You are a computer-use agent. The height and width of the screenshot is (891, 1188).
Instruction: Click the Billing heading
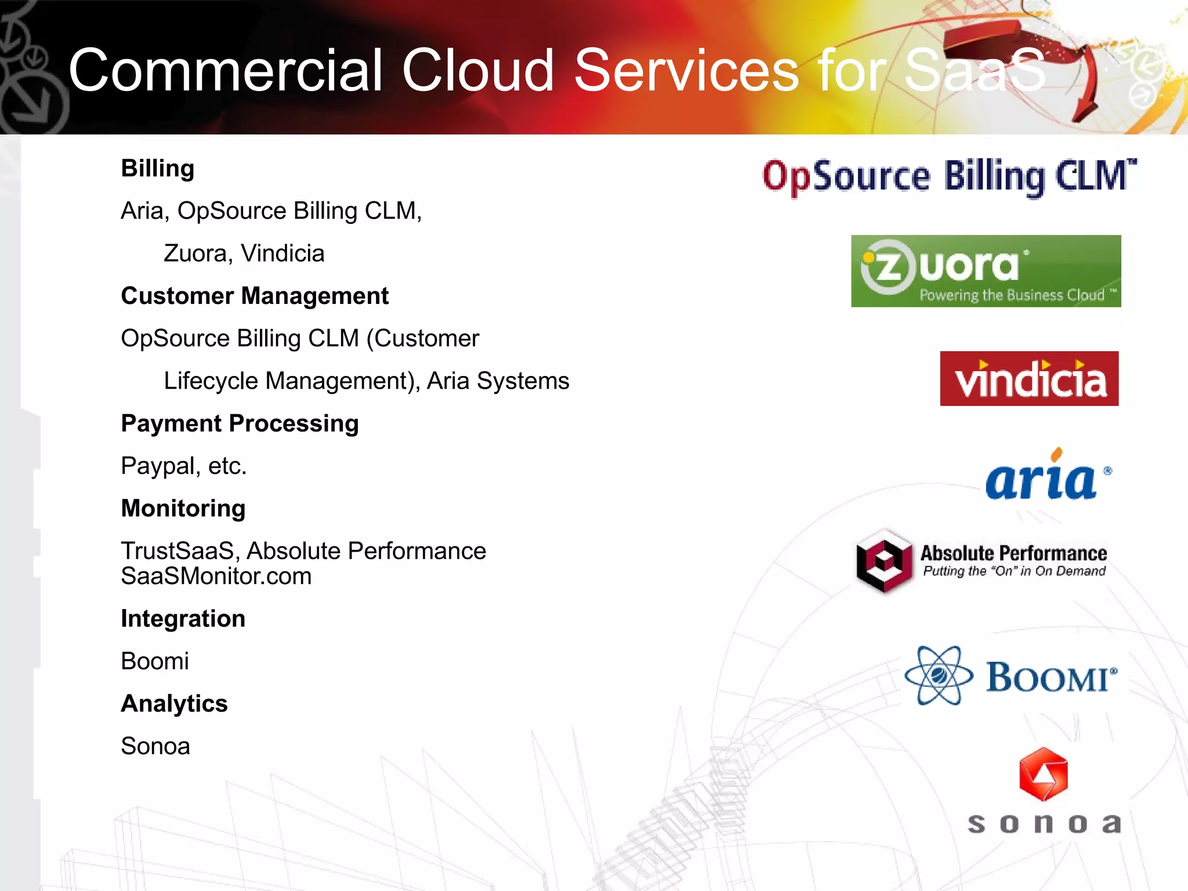157,169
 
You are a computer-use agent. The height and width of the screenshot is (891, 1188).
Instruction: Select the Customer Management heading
255,296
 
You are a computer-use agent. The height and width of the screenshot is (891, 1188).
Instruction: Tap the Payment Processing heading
240,423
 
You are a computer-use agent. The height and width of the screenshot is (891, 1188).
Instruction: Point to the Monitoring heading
183,508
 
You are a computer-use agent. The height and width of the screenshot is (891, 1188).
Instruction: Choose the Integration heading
183,618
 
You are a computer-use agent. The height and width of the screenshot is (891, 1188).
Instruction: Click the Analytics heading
174,704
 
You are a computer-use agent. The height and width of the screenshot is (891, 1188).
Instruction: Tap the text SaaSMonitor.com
216,576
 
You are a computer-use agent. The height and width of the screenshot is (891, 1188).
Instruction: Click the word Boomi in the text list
155,661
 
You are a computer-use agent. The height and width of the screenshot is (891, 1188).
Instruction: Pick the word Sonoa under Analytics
155,746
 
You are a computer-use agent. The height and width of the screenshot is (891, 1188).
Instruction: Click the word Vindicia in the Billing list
282,253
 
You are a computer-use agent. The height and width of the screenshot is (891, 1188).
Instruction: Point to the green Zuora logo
986,271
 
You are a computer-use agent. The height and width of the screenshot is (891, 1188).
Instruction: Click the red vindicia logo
1029,378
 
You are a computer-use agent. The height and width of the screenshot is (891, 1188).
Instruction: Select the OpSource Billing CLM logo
949,176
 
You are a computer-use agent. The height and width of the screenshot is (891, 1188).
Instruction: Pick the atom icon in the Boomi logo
939,675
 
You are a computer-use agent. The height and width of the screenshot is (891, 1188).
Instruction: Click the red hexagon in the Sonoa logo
1043,774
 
